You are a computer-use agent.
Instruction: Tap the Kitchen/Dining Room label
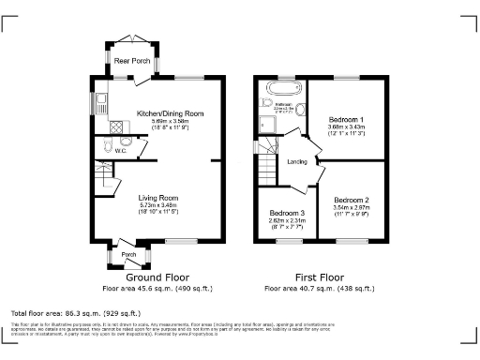click(x=170, y=112)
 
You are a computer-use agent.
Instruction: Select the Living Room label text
click(x=159, y=197)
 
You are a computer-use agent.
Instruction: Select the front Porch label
click(x=129, y=254)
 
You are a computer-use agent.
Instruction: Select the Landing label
click(x=297, y=161)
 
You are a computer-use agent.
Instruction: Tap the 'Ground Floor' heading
click(x=158, y=277)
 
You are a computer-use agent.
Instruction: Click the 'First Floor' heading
click(x=319, y=277)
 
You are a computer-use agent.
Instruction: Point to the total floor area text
click(x=75, y=312)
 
